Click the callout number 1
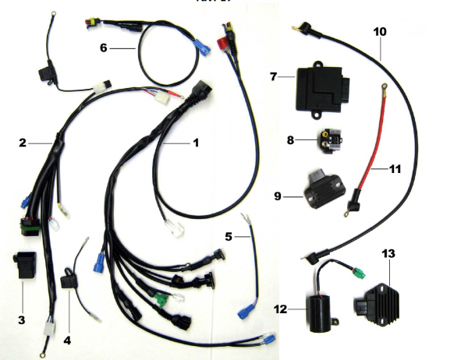pos(196,143)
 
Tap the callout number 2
pos(23,143)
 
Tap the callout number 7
pos(274,76)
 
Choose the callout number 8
pos(290,141)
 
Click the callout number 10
pos(380,32)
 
